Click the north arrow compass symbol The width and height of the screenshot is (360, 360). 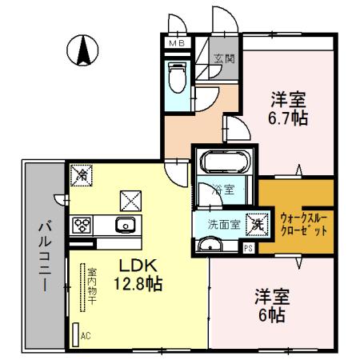click(83, 50)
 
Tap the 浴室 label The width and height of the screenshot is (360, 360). click(223, 190)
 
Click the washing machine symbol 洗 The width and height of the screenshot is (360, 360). click(257, 225)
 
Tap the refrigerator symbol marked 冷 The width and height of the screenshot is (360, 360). click(81, 172)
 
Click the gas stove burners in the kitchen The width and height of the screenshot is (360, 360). click(82, 225)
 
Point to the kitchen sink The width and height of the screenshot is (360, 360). click(126, 224)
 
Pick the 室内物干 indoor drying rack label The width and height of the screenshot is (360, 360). click(92, 288)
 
